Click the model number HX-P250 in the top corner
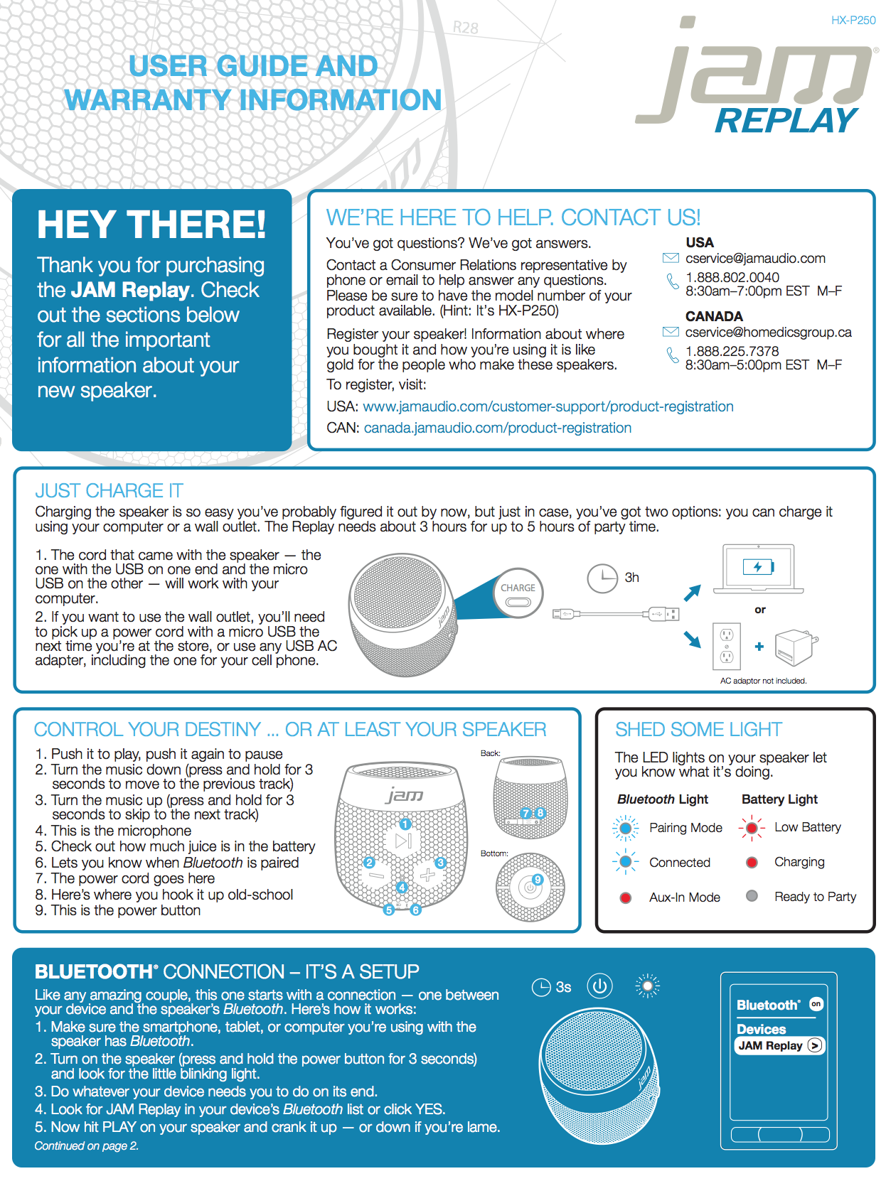(853, 21)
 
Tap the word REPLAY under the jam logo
(786, 122)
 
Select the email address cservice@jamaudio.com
(755, 259)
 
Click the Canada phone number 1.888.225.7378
(732, 351)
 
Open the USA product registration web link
(548, 406)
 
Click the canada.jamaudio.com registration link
(497, 428)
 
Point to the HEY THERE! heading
(151, 225)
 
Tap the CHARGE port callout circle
(518, 593)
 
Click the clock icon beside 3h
(602, 578)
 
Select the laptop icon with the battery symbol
(758, 568)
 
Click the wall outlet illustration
(726, 645)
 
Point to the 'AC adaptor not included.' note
(763, 681)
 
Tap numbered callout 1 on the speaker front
(405, 824)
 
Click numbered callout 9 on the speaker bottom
(538, 880)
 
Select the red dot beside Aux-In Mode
(626, 897)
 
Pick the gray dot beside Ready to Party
(752, 896)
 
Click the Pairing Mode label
(685, 828)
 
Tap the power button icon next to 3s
(599, 986)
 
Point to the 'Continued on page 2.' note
(87, 1145)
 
